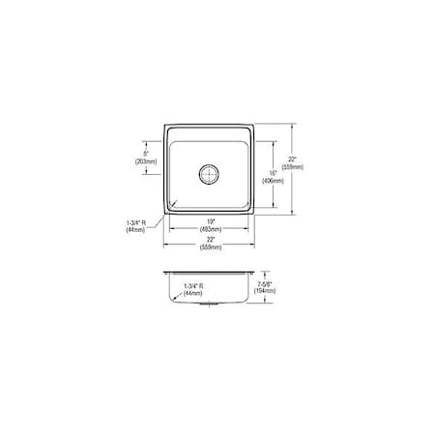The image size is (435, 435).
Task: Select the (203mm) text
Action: pyautogui.click(x=146, y=161)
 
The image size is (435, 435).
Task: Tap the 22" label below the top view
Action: pyautogui.click(x=210, y=240)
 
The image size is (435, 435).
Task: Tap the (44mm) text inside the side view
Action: pyautogui.click(x=193, y=293)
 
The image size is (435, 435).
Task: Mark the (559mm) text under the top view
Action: pyautogui.click(x=210, y=248)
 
